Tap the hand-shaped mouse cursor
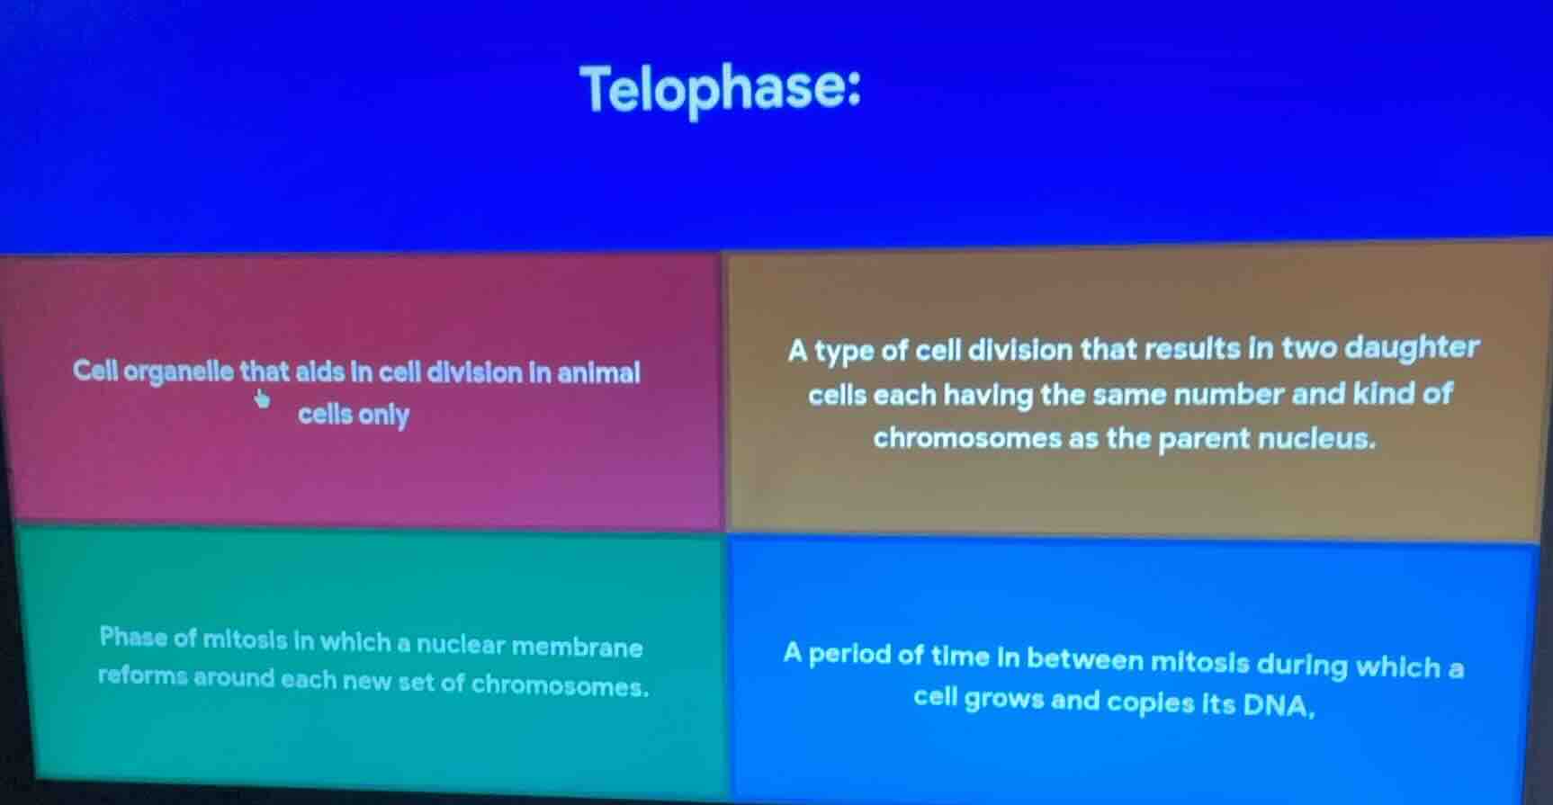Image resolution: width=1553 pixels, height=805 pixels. point(262,398)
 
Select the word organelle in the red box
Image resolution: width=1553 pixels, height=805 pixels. point(180,371)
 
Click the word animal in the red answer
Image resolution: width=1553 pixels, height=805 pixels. point(598,373)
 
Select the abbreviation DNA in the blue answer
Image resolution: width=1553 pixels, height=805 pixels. point(1277,706)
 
